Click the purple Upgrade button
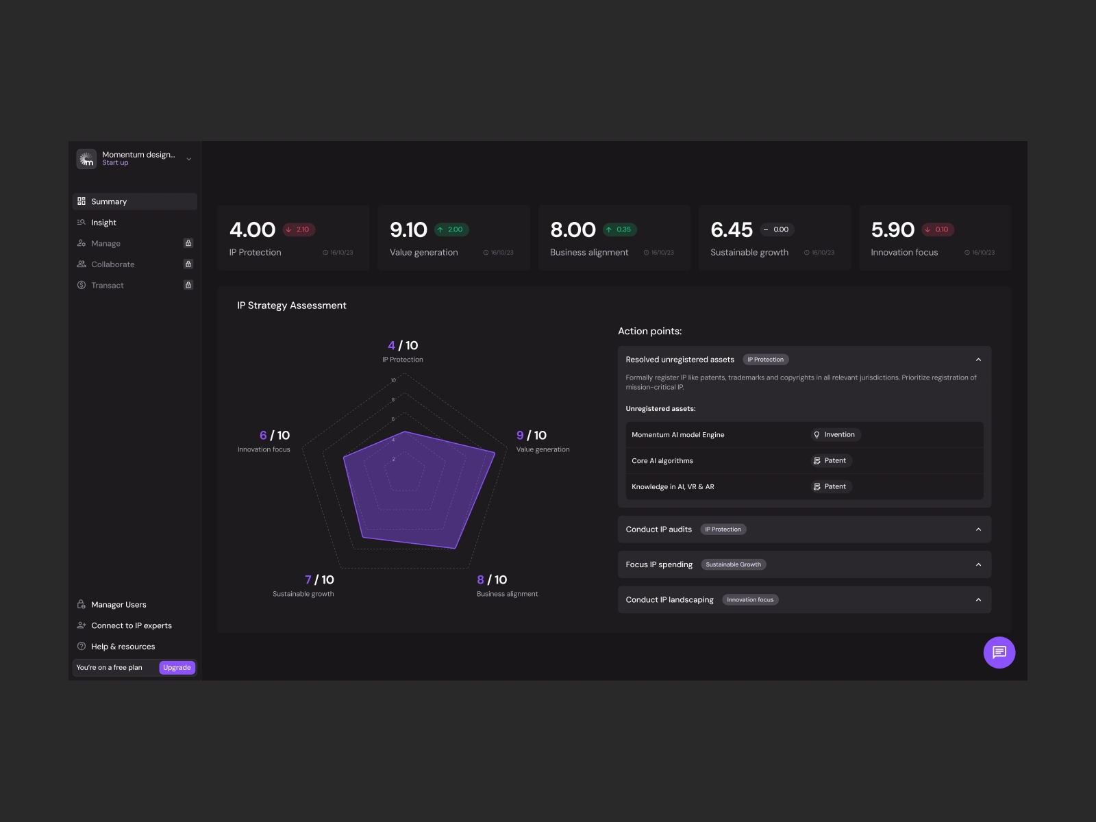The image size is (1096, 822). [x=177, y=668]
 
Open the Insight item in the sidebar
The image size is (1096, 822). [x=103, y=223]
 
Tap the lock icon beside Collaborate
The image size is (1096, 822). [x=188, y=264]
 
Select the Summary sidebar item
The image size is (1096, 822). [x=109, y=201]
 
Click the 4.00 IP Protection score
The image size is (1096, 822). [x=252, y=230]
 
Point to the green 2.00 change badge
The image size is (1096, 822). [x=451, y=230]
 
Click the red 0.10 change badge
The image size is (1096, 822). [x=938, y=230]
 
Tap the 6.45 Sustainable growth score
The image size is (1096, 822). [x=731, y=230]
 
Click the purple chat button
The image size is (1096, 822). [x=999, y=652]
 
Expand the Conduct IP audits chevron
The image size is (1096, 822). [x=978, y=530]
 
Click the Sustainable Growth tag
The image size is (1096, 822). [x=733, y=565]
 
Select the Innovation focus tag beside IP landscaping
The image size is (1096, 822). [x=750, y=600]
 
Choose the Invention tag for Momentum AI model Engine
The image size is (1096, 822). [x=834, y=435]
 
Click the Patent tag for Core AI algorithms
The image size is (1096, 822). [x=830, y=461]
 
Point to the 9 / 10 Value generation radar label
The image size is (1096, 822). [x=532, y=436]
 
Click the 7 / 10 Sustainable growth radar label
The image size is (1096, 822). [x=319, y=580]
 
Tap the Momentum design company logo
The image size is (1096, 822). [x=86, y=159]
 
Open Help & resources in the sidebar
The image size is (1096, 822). [x=123, y=647]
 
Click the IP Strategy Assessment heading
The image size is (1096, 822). [x=292, y=306]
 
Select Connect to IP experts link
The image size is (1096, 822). [x=131, y=626]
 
